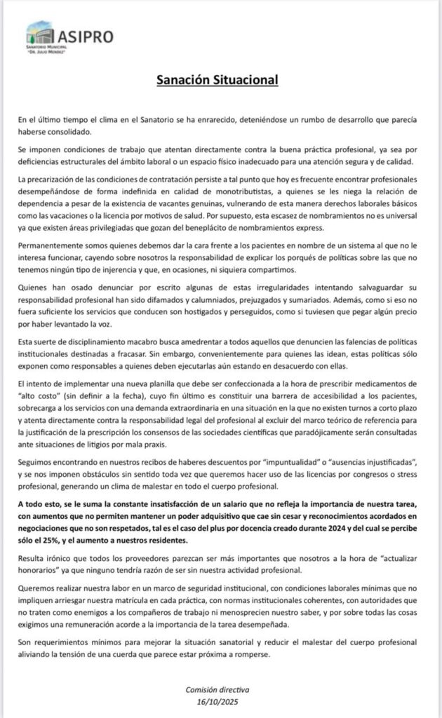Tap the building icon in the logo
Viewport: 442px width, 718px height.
tap(39, 34)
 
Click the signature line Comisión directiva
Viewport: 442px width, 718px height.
tap(221, 690)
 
